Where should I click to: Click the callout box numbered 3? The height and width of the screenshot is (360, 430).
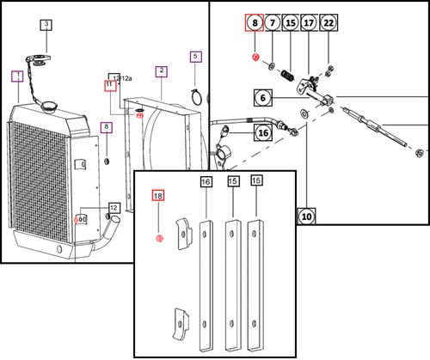tap(46, 25)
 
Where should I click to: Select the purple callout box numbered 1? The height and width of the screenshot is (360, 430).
tap(16, 76)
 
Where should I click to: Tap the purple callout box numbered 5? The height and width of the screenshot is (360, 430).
tap(196, 58)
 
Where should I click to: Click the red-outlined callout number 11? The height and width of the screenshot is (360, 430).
tap(109, 85)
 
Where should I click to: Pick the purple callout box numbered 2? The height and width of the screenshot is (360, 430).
tap(161, 70)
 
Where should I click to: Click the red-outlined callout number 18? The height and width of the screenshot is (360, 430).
tap(157, 196)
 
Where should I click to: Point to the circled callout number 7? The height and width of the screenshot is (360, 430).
tap(272, 22)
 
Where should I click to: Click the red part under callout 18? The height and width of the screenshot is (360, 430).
tap(158, 238)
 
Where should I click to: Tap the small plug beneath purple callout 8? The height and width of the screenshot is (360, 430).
tap(106, 162)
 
